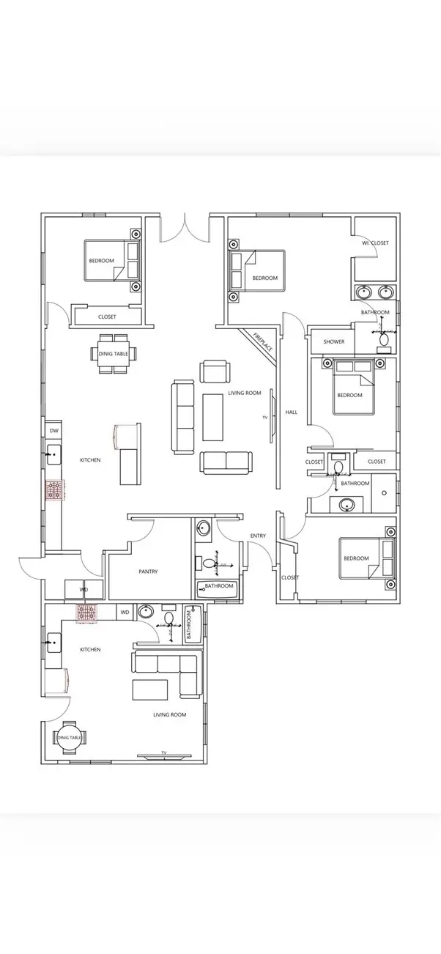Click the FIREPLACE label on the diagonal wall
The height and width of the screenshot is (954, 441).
262,342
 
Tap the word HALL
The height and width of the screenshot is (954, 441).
292,413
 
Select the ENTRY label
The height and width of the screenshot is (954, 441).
258,536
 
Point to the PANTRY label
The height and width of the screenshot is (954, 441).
148,572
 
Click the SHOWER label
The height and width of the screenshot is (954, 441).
333,342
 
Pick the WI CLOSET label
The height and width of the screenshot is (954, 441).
375,243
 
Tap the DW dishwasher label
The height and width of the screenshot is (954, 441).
53,430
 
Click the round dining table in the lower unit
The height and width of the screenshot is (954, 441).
70,738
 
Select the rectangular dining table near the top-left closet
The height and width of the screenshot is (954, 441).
114,354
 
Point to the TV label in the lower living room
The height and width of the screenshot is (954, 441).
163,753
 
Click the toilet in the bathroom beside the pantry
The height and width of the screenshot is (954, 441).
209,564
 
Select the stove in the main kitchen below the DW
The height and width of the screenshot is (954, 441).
54,489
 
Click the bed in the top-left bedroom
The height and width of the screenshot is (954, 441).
110,261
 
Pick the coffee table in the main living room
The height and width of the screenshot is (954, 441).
213,416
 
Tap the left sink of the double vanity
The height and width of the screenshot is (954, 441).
364,292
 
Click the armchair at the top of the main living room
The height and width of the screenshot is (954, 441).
215,371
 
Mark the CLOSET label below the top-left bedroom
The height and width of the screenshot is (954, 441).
107,317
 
